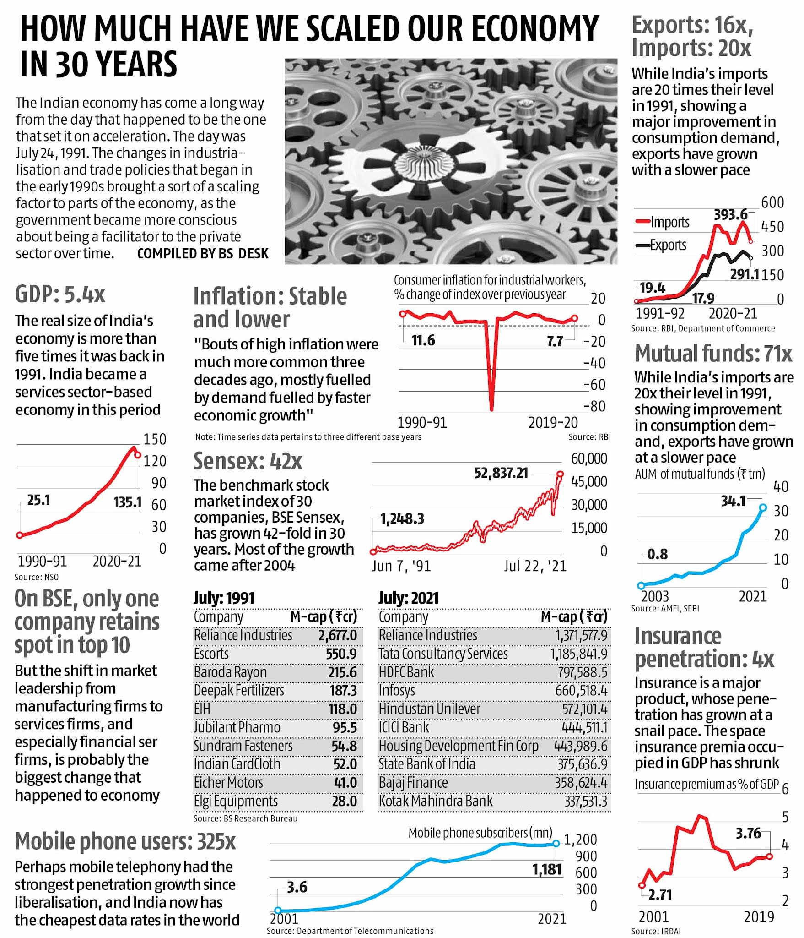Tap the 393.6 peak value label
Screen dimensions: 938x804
click(730, 214)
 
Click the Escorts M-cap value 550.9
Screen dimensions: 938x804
click(341, 654)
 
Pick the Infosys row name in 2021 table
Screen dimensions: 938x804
click(397, 690)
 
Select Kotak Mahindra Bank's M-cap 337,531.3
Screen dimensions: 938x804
click(586, 801)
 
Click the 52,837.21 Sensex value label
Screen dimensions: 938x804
click(501, 473)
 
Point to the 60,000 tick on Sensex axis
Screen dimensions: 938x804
click(589, 458)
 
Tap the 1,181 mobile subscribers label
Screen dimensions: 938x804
click(546, 869)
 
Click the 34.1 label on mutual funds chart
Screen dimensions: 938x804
click(733, 501)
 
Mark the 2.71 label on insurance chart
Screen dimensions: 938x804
click(660, 894)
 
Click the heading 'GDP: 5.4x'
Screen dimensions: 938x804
click(60, 294)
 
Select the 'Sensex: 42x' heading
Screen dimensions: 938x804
click(248, 461)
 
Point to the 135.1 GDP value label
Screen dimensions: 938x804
click(128, 502)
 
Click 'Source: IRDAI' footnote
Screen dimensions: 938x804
click(656, 931)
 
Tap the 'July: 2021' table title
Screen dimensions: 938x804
click(408, 598)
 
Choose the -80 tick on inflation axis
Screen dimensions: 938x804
click(594, 406)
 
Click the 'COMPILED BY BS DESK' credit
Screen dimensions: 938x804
click(203, 253)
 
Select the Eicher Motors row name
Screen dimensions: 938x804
click(228, 782)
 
